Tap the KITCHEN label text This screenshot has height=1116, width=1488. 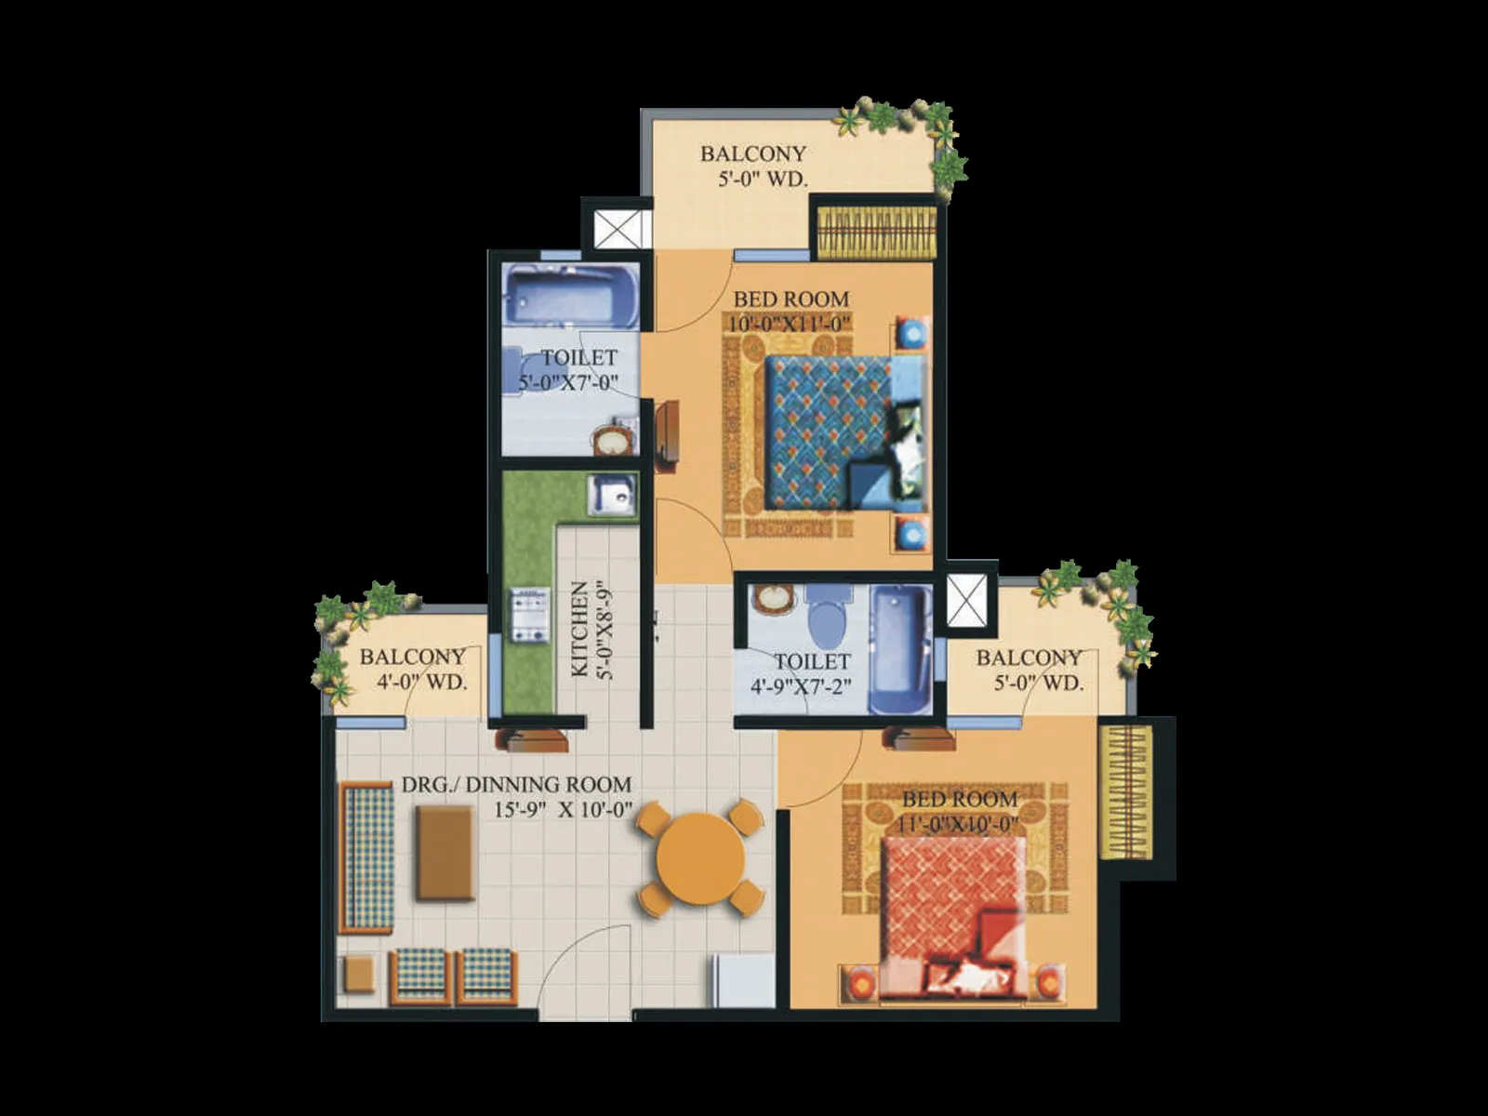coord(580,628)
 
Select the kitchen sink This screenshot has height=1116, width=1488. coord(611,496)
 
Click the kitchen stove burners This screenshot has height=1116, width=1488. coord(530,614)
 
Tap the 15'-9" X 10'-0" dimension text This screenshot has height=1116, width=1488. coord(564,810)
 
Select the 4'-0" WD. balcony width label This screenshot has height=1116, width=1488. coord(421,682)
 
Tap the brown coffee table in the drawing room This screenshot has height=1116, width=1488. coord(445,853)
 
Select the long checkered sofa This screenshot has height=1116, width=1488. coord(366,857)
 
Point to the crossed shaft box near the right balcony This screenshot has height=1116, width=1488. coord(967,600)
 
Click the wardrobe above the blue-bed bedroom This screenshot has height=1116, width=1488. coord(877,232)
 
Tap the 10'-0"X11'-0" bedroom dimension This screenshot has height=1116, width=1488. coord(790,323)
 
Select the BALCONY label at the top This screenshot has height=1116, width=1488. coord(753,153)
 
